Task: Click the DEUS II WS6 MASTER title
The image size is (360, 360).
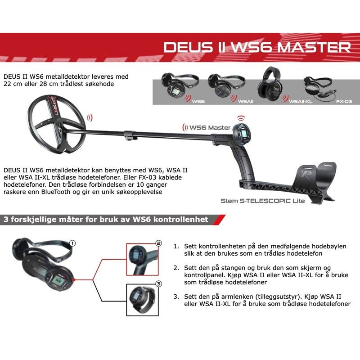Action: [x=257, y=47]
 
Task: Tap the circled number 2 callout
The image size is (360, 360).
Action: [x=158, y=243]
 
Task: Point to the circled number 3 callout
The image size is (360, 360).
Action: [x=158, y=284]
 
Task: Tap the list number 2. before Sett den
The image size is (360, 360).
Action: [x=176, y=267]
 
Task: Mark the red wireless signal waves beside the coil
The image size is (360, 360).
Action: [x=90, y=118]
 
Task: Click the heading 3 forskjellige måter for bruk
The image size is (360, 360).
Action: [x=106, y=220]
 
